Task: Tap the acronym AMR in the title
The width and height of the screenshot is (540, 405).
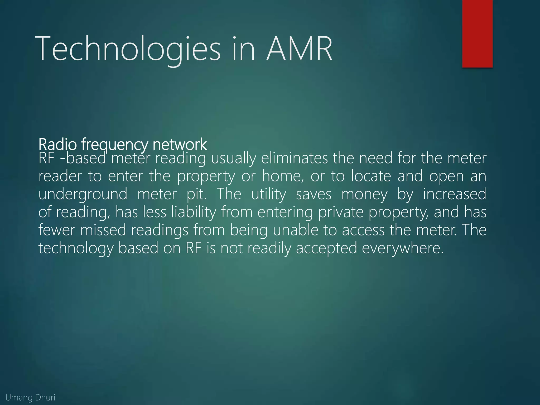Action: click(299, 49)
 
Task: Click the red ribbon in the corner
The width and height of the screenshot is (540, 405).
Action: click(477, 33)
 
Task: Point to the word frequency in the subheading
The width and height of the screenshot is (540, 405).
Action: click(114, 145)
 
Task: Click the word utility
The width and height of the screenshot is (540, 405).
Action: click(269, 195)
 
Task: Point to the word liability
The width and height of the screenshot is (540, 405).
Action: click(194, 212)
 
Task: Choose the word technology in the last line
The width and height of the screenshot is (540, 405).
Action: click(76, 248)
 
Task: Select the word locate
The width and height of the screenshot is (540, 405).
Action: click(371, 176)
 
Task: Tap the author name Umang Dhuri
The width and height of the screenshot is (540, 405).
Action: click(30, 397)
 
